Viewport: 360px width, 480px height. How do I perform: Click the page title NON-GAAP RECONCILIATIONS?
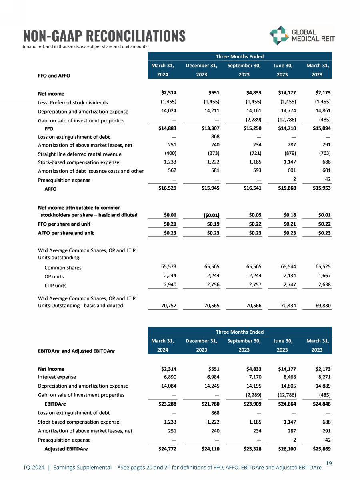[104, 36]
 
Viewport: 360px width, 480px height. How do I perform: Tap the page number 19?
[329, 463]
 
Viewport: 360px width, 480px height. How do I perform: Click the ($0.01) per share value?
[209, 215]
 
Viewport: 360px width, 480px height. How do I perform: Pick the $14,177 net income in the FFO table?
[286, 93]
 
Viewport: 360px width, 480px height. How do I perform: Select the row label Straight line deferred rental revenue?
[80, 154]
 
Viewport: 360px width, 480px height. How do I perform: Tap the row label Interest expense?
[57, 377]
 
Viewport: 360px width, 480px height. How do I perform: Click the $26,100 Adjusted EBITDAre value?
[286, 449]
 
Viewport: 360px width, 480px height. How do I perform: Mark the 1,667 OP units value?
[324, 276]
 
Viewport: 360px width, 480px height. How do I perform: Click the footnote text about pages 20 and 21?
[220, 467]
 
